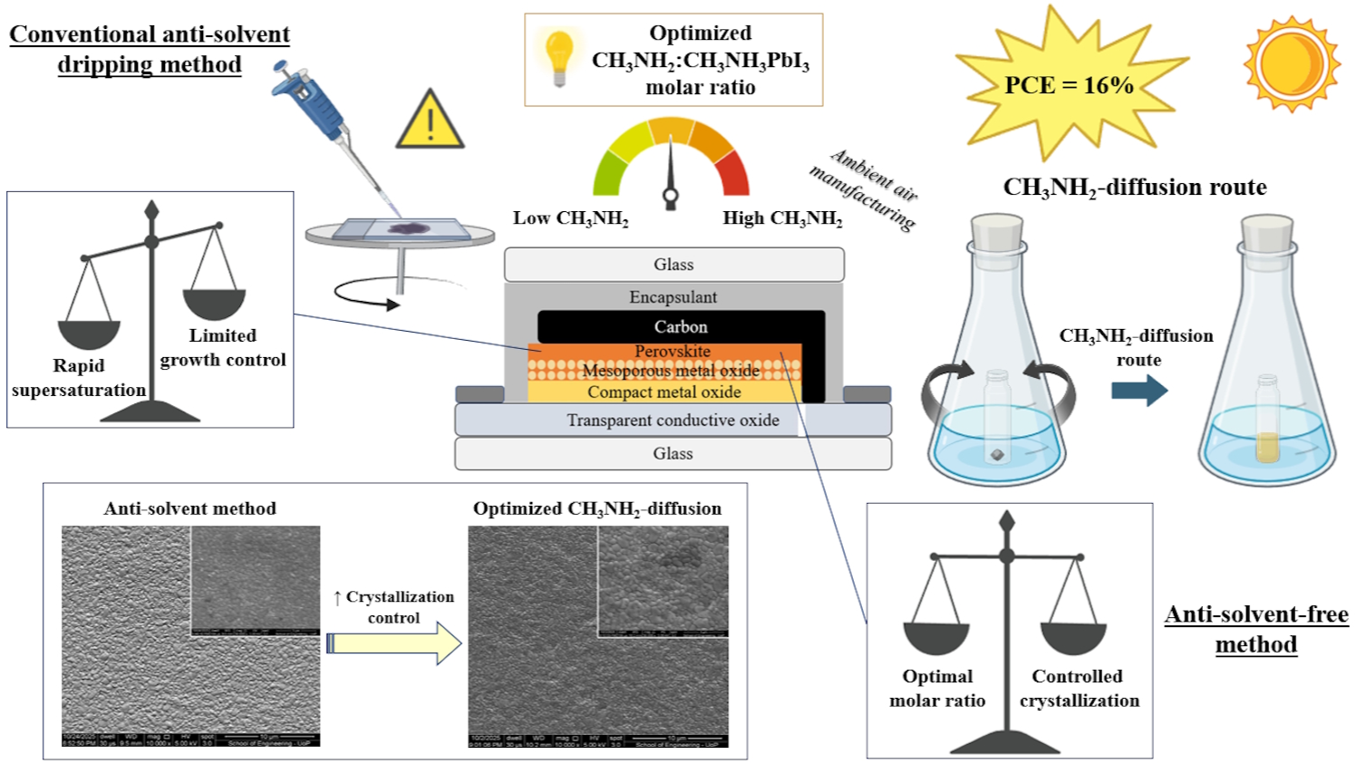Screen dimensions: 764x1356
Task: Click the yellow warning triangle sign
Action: pos(431,121)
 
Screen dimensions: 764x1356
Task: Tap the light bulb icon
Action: pos(559,56)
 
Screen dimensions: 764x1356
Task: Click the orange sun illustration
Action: pos(1291,64)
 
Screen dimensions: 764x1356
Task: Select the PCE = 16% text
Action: pos(1069,85)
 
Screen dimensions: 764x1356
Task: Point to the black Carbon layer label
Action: pos(681,327)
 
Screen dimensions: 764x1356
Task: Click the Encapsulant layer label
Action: pos(673,297)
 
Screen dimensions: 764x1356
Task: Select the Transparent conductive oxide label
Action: pos(673,420)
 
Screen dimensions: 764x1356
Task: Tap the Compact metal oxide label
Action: pos(663,392)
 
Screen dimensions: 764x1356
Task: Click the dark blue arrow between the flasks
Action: pos(1138,390)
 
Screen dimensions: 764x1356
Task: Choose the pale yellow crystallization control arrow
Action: pos(394,643)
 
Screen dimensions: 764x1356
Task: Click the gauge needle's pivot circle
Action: pos(671,195)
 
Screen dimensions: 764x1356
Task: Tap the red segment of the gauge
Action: pos(732,173)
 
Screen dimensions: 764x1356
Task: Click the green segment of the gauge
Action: pos(610,173)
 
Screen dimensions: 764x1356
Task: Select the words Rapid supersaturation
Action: pos(79,378)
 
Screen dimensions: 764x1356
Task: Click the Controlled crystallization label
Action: pos(1079,689)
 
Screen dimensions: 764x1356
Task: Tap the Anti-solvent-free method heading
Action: pos(1256,629)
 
